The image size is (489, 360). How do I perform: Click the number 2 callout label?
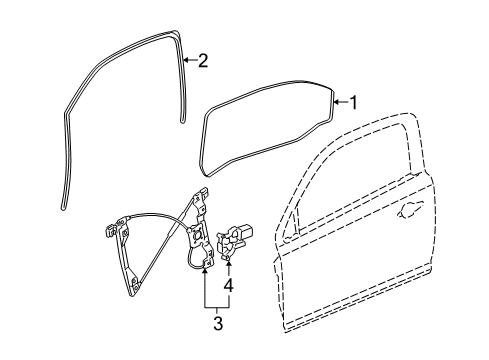[x=202, y=62]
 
